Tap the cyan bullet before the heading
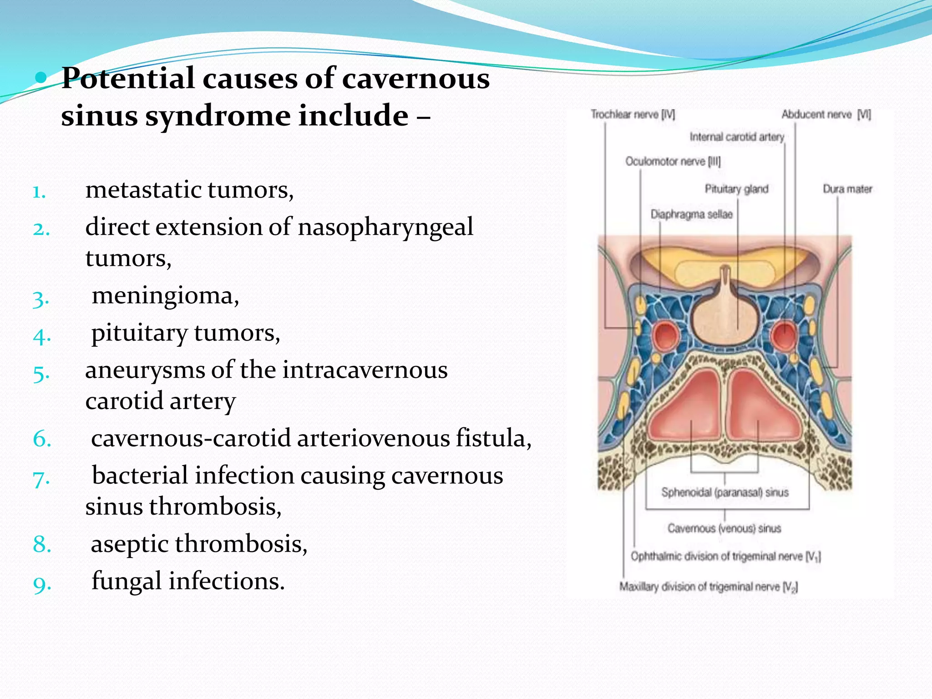point(41,78)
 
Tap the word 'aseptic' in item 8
point(130,544)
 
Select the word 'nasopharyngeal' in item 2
point(385,227)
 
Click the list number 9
point(42,584)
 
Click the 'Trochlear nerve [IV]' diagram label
point(633,115)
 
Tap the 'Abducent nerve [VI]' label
point(826,115)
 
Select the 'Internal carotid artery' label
point(737,137)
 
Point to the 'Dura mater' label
point(847,189)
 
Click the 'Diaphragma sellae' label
point(691,214)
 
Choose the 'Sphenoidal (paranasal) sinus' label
point(724,492)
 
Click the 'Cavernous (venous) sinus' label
point(724,528)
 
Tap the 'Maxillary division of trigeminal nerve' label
point(708,587)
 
